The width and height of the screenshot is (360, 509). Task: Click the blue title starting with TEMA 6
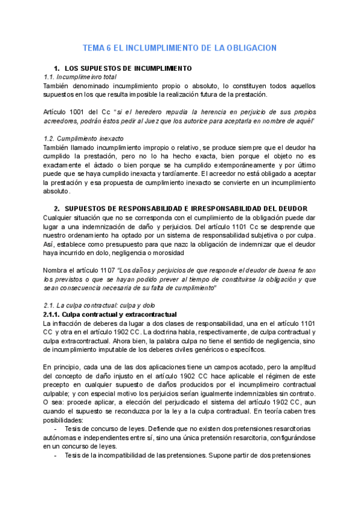tap(179, 48)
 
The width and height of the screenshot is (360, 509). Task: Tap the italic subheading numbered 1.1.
tap(80, 77)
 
